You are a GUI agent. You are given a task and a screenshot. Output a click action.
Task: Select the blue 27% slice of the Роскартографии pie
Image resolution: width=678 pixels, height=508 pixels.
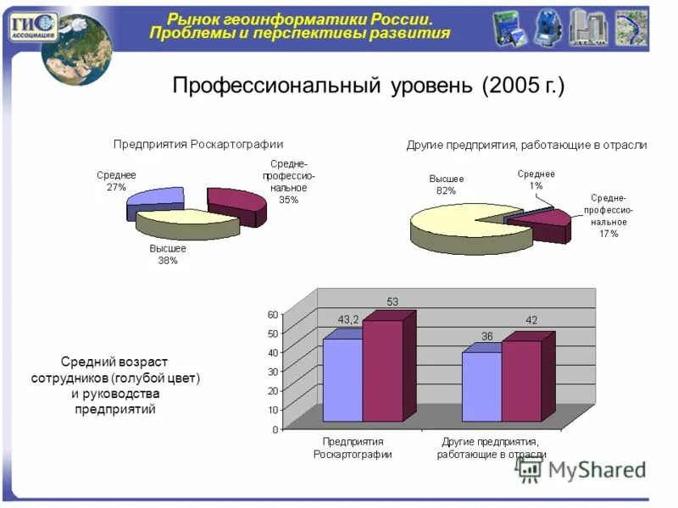point(157,203)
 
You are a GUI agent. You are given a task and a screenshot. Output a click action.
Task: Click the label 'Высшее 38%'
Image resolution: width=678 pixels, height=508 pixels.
point(168,255)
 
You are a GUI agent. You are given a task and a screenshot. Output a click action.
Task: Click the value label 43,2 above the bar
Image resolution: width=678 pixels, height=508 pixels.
point(348,319)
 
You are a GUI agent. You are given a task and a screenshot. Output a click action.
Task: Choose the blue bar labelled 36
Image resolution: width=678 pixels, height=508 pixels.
point(481,386)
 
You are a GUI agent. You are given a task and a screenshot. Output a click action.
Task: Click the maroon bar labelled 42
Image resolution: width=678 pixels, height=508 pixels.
point(520,380)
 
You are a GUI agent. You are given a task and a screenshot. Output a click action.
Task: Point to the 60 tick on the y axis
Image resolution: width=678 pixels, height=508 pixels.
point(272,314)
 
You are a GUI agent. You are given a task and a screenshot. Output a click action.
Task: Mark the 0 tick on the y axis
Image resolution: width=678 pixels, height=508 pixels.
point(275,429)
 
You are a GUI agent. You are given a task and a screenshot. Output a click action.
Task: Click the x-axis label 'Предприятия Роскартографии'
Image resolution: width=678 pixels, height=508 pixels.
point(353,448)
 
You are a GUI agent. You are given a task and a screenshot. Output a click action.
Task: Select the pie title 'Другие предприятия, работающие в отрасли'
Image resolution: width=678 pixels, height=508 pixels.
point(526,145)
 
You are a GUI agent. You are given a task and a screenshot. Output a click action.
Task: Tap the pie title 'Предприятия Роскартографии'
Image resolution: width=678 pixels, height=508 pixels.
point(198,144)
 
